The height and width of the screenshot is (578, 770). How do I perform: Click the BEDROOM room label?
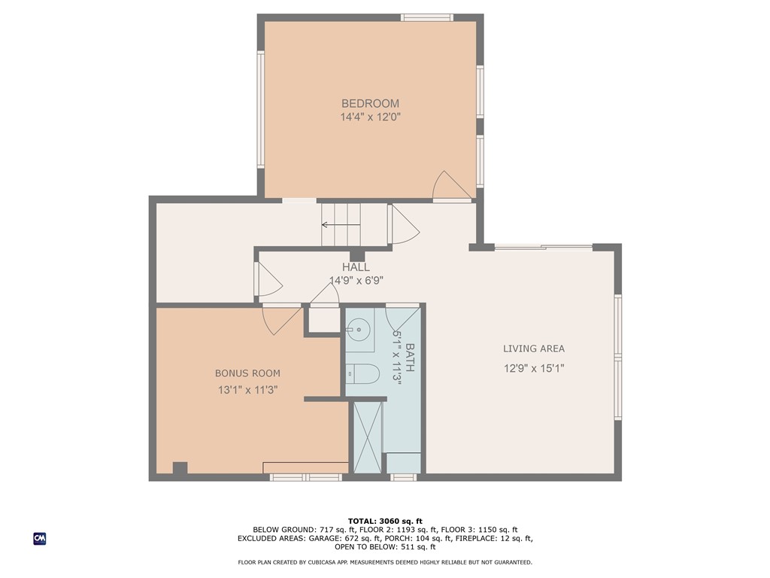pyautogui.click(x=370, y=104)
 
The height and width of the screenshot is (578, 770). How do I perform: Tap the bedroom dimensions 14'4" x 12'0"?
pyautogui.click(x=370, y=117)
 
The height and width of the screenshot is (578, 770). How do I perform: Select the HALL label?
pyautogui.click(x=356, y=267)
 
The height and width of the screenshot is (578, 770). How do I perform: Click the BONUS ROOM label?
pyautogui.click(x=247, y=373)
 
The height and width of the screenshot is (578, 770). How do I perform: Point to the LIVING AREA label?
pyautogui.click(x=534, y=348)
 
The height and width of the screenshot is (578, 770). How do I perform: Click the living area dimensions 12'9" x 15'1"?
pyautogui.click(x=534, y=369)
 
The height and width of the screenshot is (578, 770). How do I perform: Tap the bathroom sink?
pyautogui.click(x=359, y=328)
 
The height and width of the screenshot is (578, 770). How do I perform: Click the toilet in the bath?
pyautogui.click(x=362, y=373)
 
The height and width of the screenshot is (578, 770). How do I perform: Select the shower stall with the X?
pyautogui.click(x=368, y=437)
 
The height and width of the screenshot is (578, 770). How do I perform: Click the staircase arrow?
pyautogui.click(x=340, y=224)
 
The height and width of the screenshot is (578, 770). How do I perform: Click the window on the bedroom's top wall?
pyautogui.click(x=426, y=17)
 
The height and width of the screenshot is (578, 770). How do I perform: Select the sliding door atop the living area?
pyautogui.click(x=543, y=247)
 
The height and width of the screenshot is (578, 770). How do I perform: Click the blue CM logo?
pyautogui.click(x=40, y=538)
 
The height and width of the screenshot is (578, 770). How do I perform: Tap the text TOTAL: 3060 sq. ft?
pyautogui.click(x=385, y=521)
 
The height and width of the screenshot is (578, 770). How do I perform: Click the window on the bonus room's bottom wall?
pyautogui.click(x=305, y=477)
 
